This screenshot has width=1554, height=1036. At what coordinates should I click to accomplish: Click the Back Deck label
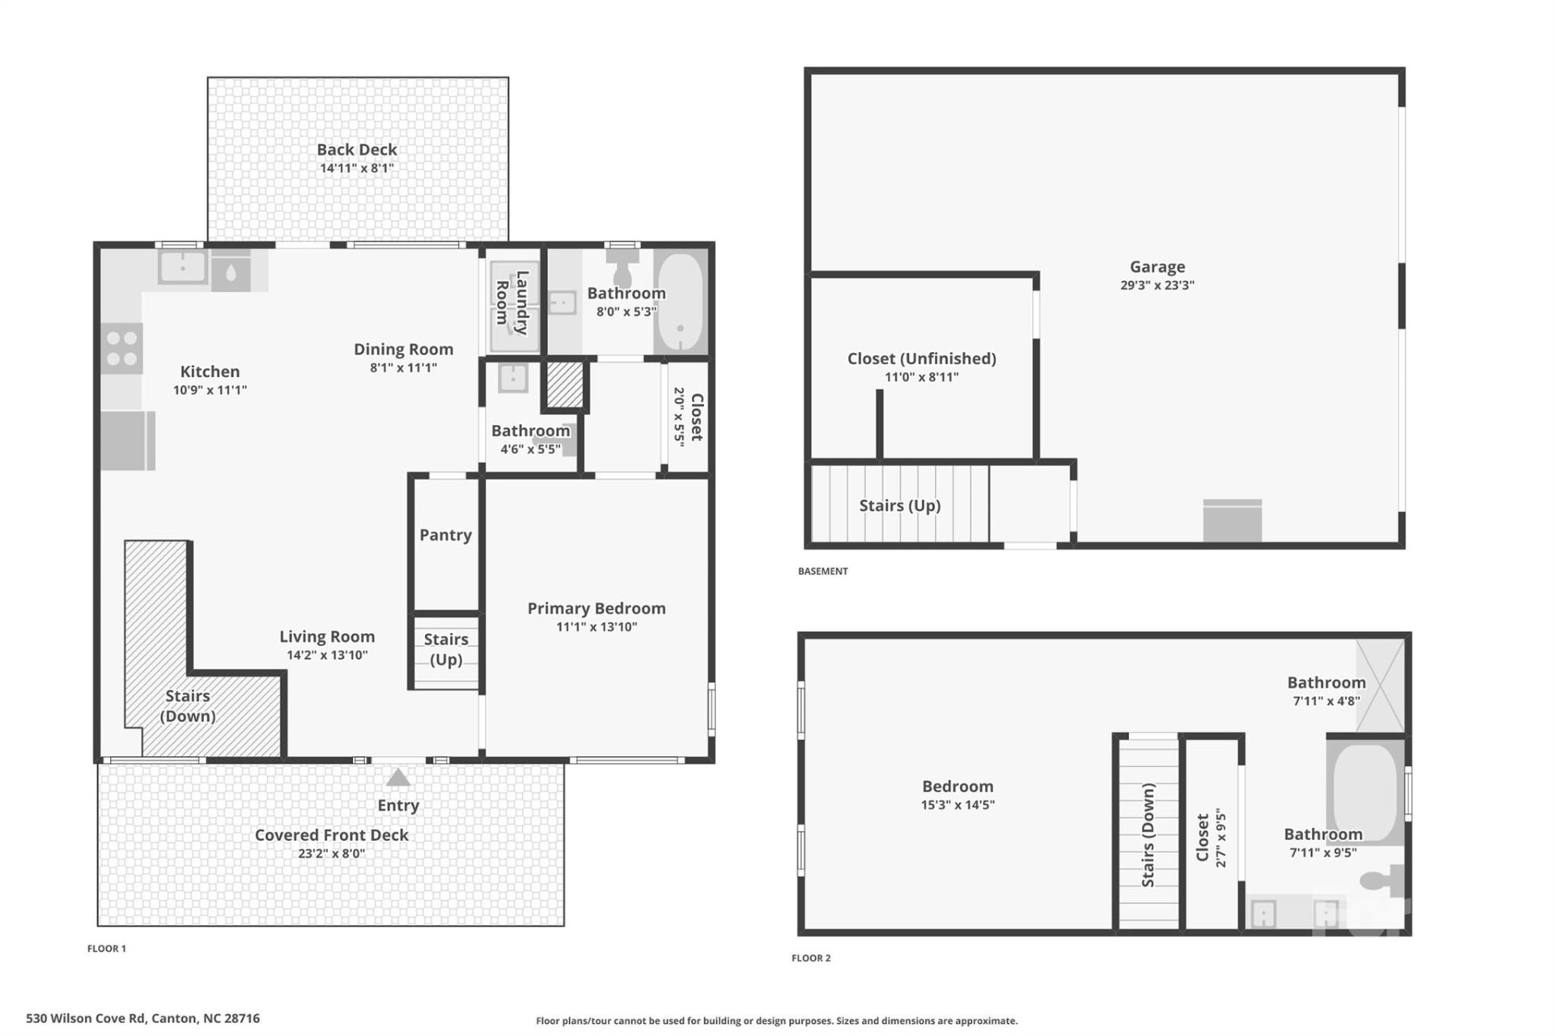tap(357, 150)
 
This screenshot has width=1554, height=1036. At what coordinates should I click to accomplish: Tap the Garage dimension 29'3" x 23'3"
tap(1157, 285)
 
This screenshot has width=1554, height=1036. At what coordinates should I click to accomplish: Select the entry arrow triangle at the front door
tap(397, 778)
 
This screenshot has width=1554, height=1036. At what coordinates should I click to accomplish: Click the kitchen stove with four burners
tap(122, 348)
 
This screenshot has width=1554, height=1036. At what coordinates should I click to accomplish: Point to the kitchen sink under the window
tap(182, 266)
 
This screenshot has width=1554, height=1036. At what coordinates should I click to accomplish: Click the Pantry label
tap(445, 535)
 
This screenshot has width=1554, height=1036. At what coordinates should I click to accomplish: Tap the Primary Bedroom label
tap(597, 608)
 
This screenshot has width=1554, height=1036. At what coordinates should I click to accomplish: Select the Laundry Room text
tap(512, 302)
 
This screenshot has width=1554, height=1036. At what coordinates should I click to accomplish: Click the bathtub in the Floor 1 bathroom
tap(680, 301)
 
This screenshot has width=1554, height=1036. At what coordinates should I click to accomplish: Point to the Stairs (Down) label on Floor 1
tap(188, 705)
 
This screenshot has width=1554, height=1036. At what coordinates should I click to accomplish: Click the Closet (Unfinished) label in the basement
tap(921, 358)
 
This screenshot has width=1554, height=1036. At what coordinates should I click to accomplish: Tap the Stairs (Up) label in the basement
tap(899, 505)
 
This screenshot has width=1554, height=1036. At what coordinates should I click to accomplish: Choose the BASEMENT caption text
tap(822, 571)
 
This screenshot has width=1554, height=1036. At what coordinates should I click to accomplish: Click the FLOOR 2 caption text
tap(811, 958)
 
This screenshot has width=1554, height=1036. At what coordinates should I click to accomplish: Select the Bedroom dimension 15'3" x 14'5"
tap(957, 805)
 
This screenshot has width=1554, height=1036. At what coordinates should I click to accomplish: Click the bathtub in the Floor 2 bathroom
tap(1366, 791)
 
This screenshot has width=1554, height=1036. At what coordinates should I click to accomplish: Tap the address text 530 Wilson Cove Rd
tap(142, 1018)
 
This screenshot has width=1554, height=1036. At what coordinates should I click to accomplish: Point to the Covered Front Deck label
tap(331, 834)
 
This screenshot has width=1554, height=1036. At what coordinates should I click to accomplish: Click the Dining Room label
tap(403, 349)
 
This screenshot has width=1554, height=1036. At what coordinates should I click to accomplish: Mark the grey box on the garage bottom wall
tap(1232, 520)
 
